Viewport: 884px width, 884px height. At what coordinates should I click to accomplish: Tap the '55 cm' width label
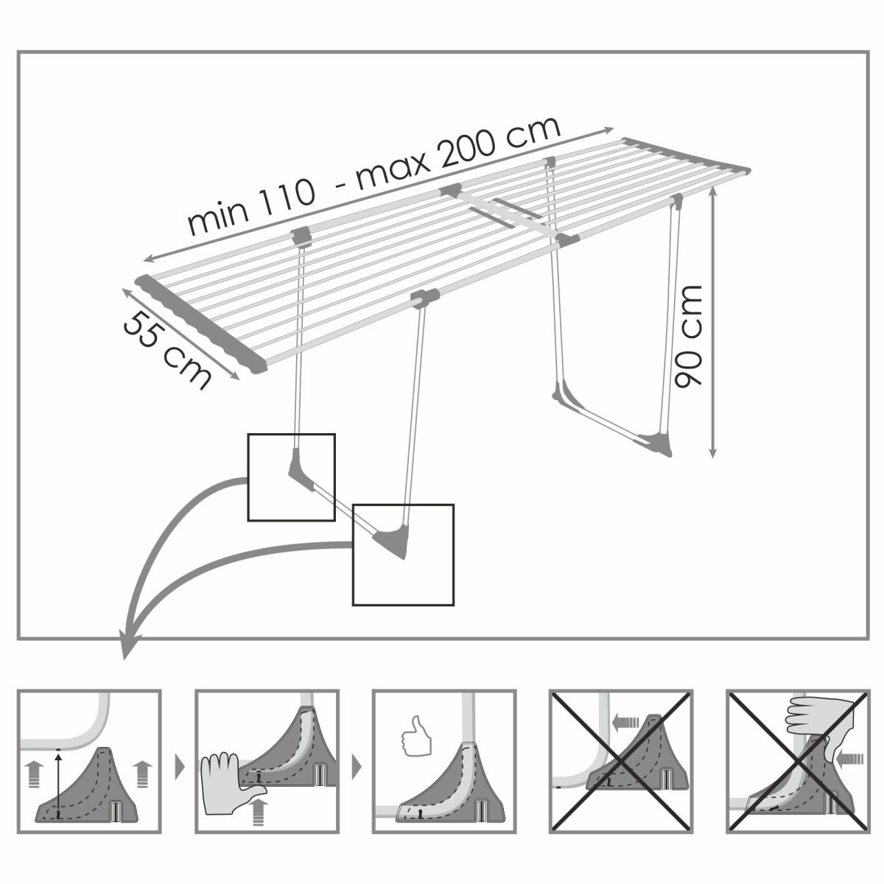[x=167, y=351]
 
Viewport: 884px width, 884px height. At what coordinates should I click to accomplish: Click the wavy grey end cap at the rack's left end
[x=201, y=323]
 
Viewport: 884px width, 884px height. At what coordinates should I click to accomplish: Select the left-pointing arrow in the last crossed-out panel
[x=849, y=760]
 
